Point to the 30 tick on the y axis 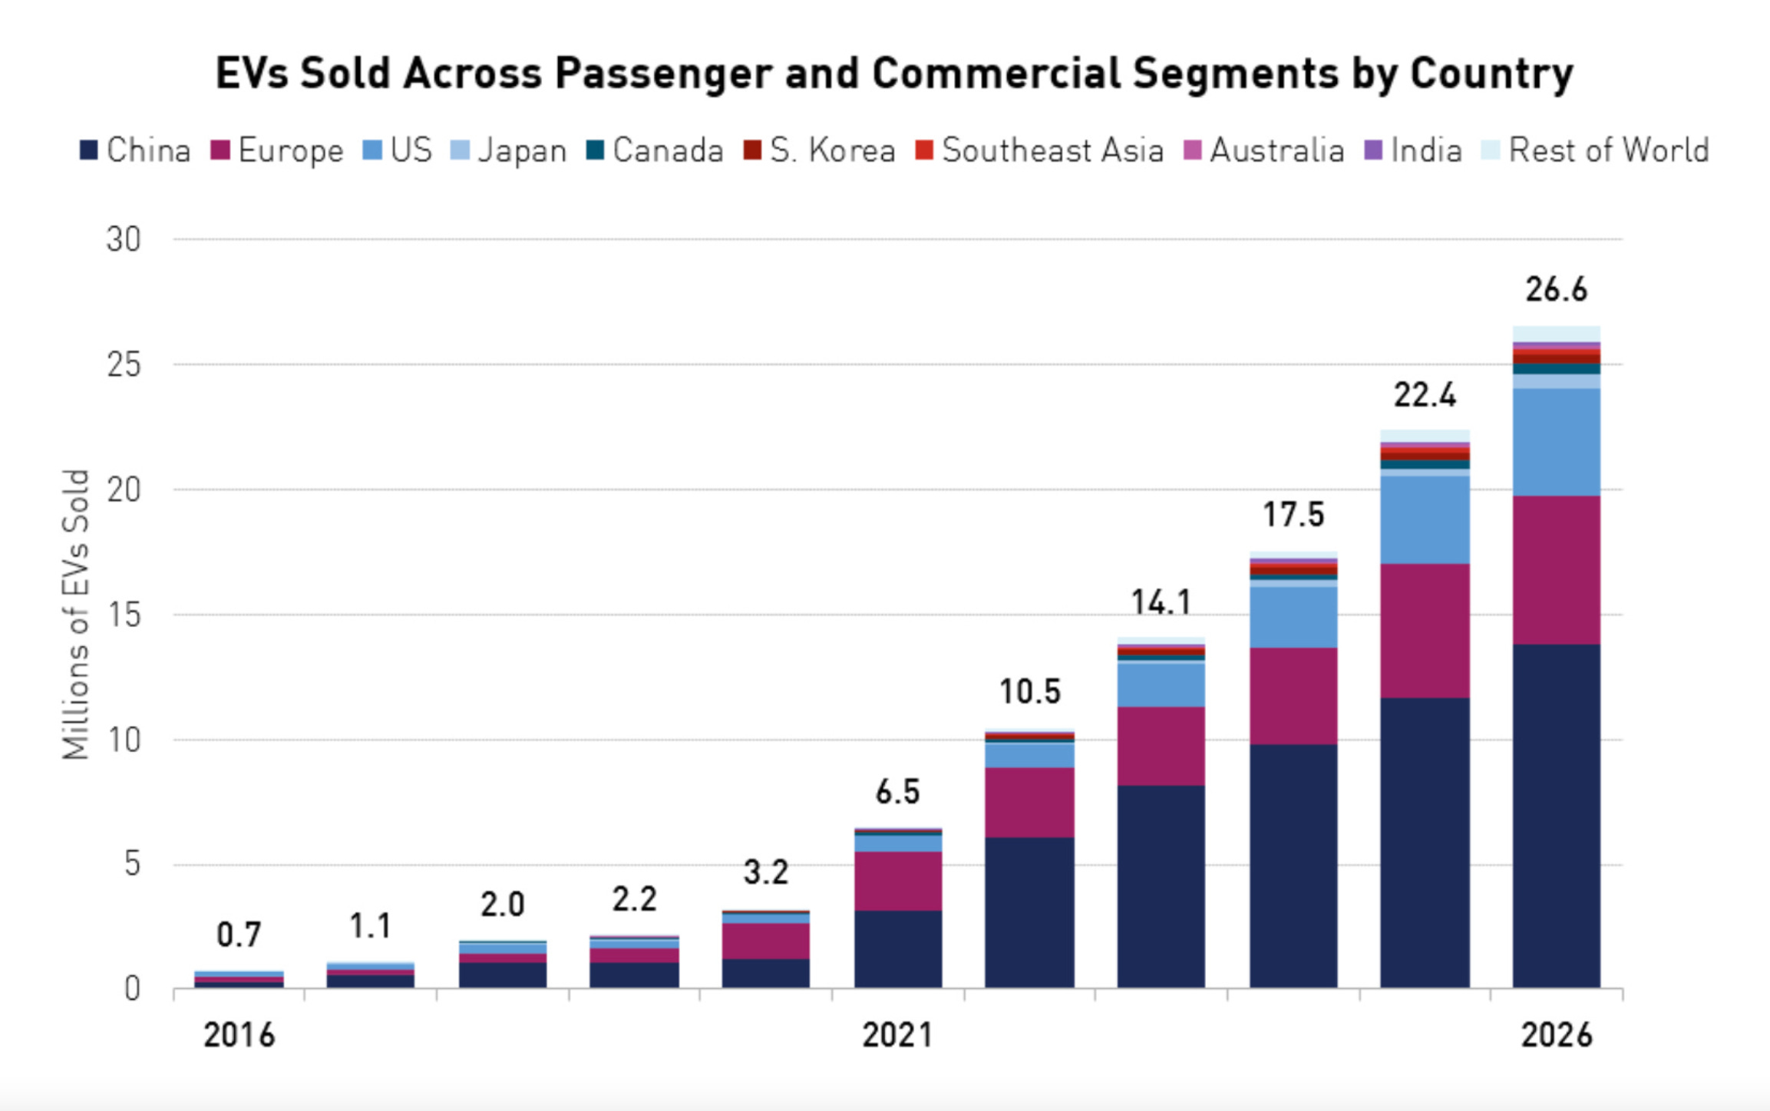pyautogui.click(x=124, y=240)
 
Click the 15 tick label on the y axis pyautogui.click(x=124, y=615)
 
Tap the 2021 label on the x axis pyautogui.click(x=897, y=1035)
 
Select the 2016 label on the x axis pyautogui.click(x=239, y=1035)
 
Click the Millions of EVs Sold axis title pyautogui.click(x=76, y=614)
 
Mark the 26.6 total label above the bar pyautogui.click(x=1556, y=290)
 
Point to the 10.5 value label pyautogui.click(x=1029, y=692)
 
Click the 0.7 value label pyautogui.click(x=239, y=935)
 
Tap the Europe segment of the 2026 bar pyautogui.click(x=1556, y=570)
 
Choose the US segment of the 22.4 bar pyautogui.click(x=1425, y=520)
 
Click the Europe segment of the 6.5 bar pyautogui.click(x=897, y=881)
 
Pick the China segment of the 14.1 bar pyautogui.click(x=1161, y=886)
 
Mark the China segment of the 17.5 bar pyautogui.click(x=1293, y=865)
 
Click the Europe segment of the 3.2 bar pyautogui.click(x=765, y=941)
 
